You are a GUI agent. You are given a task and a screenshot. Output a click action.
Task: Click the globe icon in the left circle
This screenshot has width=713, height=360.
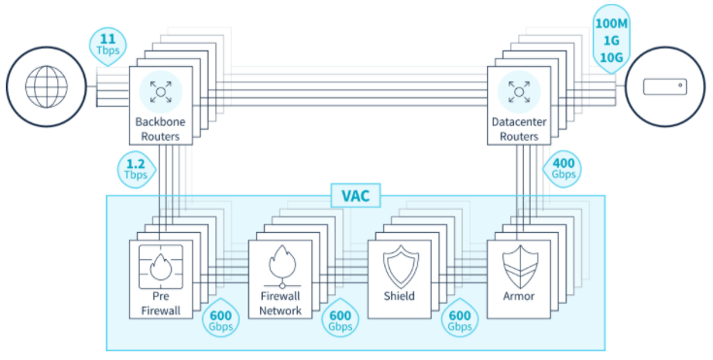coord(47,86)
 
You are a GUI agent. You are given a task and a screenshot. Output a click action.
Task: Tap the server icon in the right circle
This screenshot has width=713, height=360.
coord(664,86)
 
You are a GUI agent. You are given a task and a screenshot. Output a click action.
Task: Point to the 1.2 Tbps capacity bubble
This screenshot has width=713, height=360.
coord(136,169)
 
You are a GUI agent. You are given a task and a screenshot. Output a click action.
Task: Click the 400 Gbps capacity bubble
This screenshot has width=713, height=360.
coord(563,169)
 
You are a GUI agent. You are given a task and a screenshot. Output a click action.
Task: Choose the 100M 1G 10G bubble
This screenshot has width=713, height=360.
coord(611,39)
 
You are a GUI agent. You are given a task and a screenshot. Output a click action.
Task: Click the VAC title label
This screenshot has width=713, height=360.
coord(355,195)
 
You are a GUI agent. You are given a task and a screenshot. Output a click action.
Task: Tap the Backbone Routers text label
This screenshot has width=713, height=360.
coord(160,129)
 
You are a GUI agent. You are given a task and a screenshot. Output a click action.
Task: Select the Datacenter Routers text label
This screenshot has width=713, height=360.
coord(519,129)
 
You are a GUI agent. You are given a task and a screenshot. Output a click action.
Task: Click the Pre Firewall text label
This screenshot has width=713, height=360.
coord(160,303)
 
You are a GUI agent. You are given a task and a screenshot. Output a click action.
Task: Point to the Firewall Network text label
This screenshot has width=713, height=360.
coord(280,303)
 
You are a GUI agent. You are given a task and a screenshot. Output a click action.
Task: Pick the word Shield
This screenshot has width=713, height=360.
coord(400,296)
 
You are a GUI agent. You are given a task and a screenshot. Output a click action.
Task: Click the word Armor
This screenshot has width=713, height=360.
coord(518,296)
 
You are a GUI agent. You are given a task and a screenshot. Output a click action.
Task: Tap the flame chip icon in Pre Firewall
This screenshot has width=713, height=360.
coord(160,266)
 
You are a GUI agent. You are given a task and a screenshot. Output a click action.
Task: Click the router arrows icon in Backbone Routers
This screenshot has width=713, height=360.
coord(160,91)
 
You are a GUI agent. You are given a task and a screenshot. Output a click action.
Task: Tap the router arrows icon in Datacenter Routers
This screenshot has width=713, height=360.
coord(519,91)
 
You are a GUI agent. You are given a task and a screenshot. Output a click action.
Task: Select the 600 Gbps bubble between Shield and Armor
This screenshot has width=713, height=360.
coord(460,318)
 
